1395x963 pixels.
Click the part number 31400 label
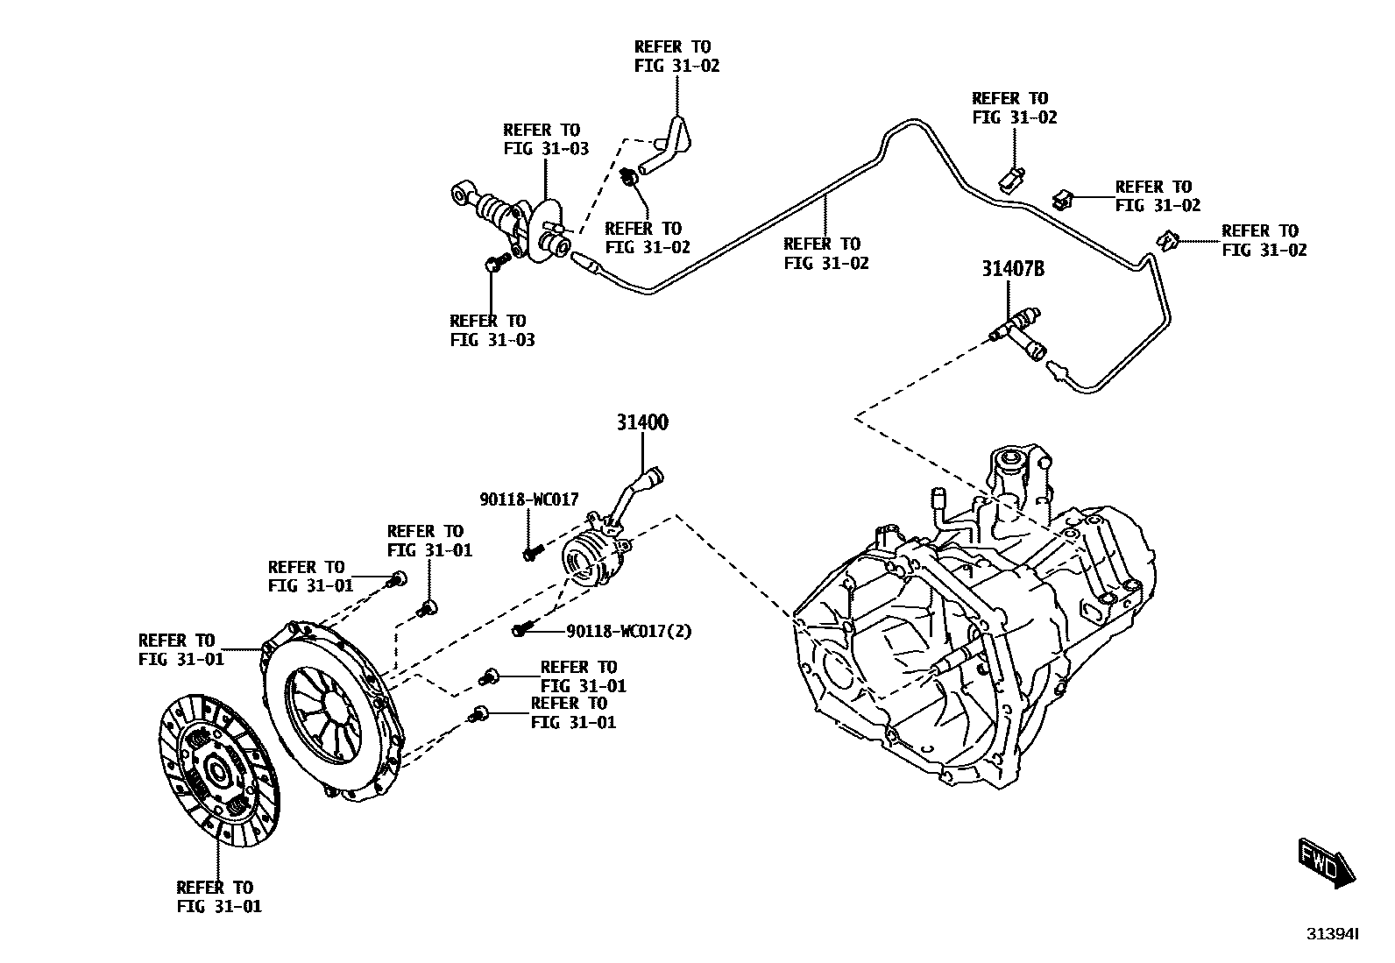point(641,423)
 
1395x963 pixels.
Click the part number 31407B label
point(1012,270)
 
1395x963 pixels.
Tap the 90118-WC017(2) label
point(629,631)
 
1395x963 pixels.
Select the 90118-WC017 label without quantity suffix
point(528,499)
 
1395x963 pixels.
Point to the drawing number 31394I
point(1332,934)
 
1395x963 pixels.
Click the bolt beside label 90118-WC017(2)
point(522,629)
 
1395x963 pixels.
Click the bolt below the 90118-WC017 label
point(530,553)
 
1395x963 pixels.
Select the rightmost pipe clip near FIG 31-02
point(1166,238)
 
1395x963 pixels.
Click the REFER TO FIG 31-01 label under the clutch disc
point(218,897)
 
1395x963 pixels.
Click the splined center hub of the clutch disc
point(216,771)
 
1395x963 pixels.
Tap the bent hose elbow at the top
point(670,145)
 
